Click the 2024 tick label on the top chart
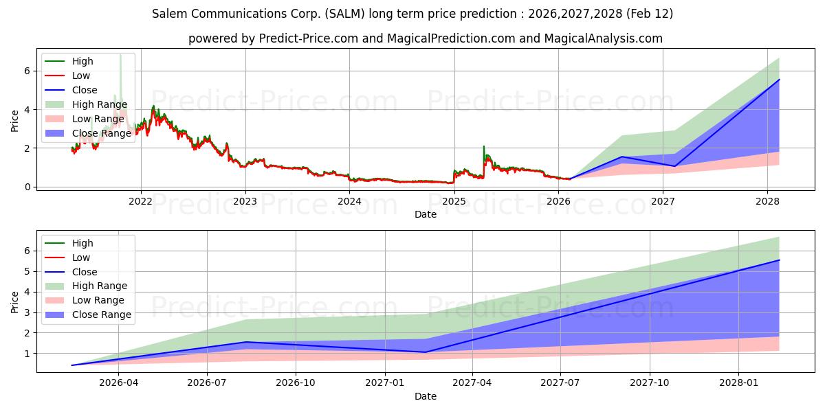pos(349,201)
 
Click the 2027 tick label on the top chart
pos(663,201)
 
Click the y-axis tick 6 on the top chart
pos(27,71)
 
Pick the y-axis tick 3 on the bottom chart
pos(27,312)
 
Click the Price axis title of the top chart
pos(15,120)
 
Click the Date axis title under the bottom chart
pos(425,396)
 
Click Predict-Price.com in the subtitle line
pos(308,38)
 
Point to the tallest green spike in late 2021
pos(120,55)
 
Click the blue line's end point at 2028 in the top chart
pos(779,80)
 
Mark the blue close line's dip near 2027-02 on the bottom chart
pos(425,352)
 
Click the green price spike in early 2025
pos(484,147)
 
